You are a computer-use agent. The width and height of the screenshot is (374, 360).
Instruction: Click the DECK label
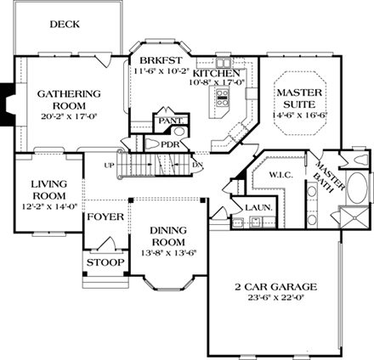click(65, 25)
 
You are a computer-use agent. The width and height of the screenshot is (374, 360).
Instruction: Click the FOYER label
click(105, 217)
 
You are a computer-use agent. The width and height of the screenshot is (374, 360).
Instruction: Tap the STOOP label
click(105, 263)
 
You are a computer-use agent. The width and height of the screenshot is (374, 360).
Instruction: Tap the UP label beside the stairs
click(109, 165)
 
